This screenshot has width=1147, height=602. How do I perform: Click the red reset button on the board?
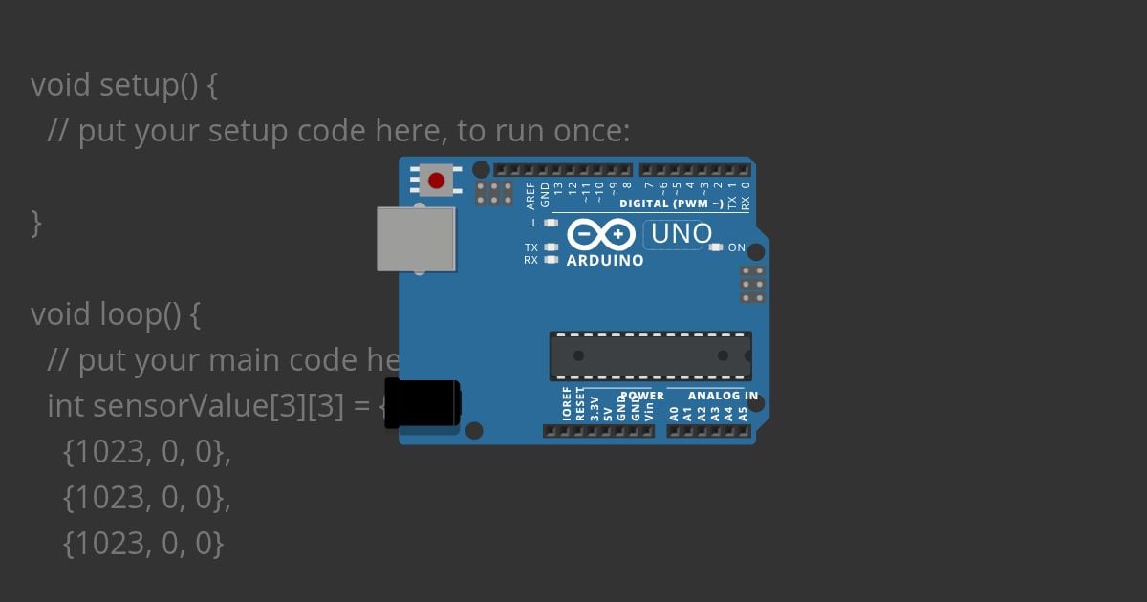click(437, 181)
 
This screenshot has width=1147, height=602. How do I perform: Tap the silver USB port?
click(416, 239)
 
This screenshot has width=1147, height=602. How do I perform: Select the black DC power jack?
click(422, 403)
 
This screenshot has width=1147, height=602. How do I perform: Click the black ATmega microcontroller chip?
click(650, 355)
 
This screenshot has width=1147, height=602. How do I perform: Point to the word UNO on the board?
click(682, 233)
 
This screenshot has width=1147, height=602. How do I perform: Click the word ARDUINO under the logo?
click(605, 260)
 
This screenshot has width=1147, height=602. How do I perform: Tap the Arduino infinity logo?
click(601, 234)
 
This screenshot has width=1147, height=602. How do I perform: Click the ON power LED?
click(716, 247)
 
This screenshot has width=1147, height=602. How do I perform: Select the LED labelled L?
click(550, 223)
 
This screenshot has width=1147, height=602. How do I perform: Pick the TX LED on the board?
click(550, 247)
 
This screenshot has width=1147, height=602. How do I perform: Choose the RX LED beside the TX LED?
click(550, 259)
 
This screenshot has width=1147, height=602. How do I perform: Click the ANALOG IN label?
click(723, 396)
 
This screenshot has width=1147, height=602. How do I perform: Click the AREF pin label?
click(531, 195)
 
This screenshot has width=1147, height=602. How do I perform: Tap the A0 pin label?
click(674, 413)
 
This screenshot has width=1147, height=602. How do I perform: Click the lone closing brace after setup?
click(36, 223)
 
